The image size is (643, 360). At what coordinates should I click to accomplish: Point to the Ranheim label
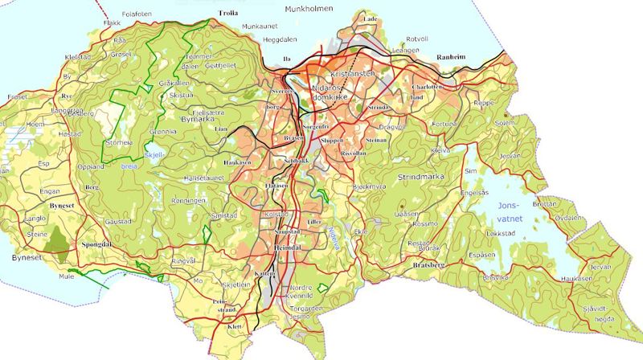(x=452, y=58)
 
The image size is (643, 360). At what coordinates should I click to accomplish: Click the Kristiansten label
(x=347, y=73)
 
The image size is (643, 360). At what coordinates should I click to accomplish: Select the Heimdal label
(x=288, y=249)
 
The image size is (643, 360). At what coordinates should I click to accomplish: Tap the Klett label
(x=236, y=327)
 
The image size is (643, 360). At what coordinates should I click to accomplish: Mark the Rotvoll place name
(x=418, y=39)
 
